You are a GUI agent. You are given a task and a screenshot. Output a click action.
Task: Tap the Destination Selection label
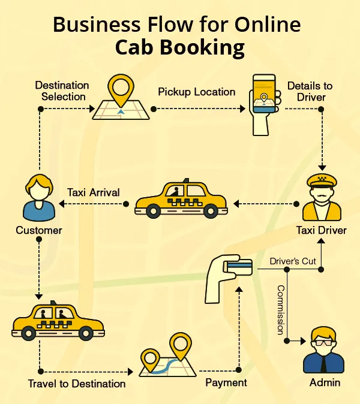(x=62, y=91)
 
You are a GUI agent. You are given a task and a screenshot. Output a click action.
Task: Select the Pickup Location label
(x=197, y=92)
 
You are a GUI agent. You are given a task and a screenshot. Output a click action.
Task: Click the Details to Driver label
(x=310, y=92)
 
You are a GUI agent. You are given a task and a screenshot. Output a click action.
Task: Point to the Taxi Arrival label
(x=93, y=192)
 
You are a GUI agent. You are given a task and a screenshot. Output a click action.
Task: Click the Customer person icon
(x=39, y=198)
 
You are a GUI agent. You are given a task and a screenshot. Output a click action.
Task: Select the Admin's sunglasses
(x=324, y=343)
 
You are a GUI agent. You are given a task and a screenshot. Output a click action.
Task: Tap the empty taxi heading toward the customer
(x=181, y=200)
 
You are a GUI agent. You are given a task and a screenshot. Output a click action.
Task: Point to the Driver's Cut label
(x=292, y=261)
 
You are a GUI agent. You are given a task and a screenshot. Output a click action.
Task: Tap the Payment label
(x=226, y=382)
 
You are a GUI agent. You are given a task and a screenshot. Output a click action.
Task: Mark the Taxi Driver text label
(x=321, y=230)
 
